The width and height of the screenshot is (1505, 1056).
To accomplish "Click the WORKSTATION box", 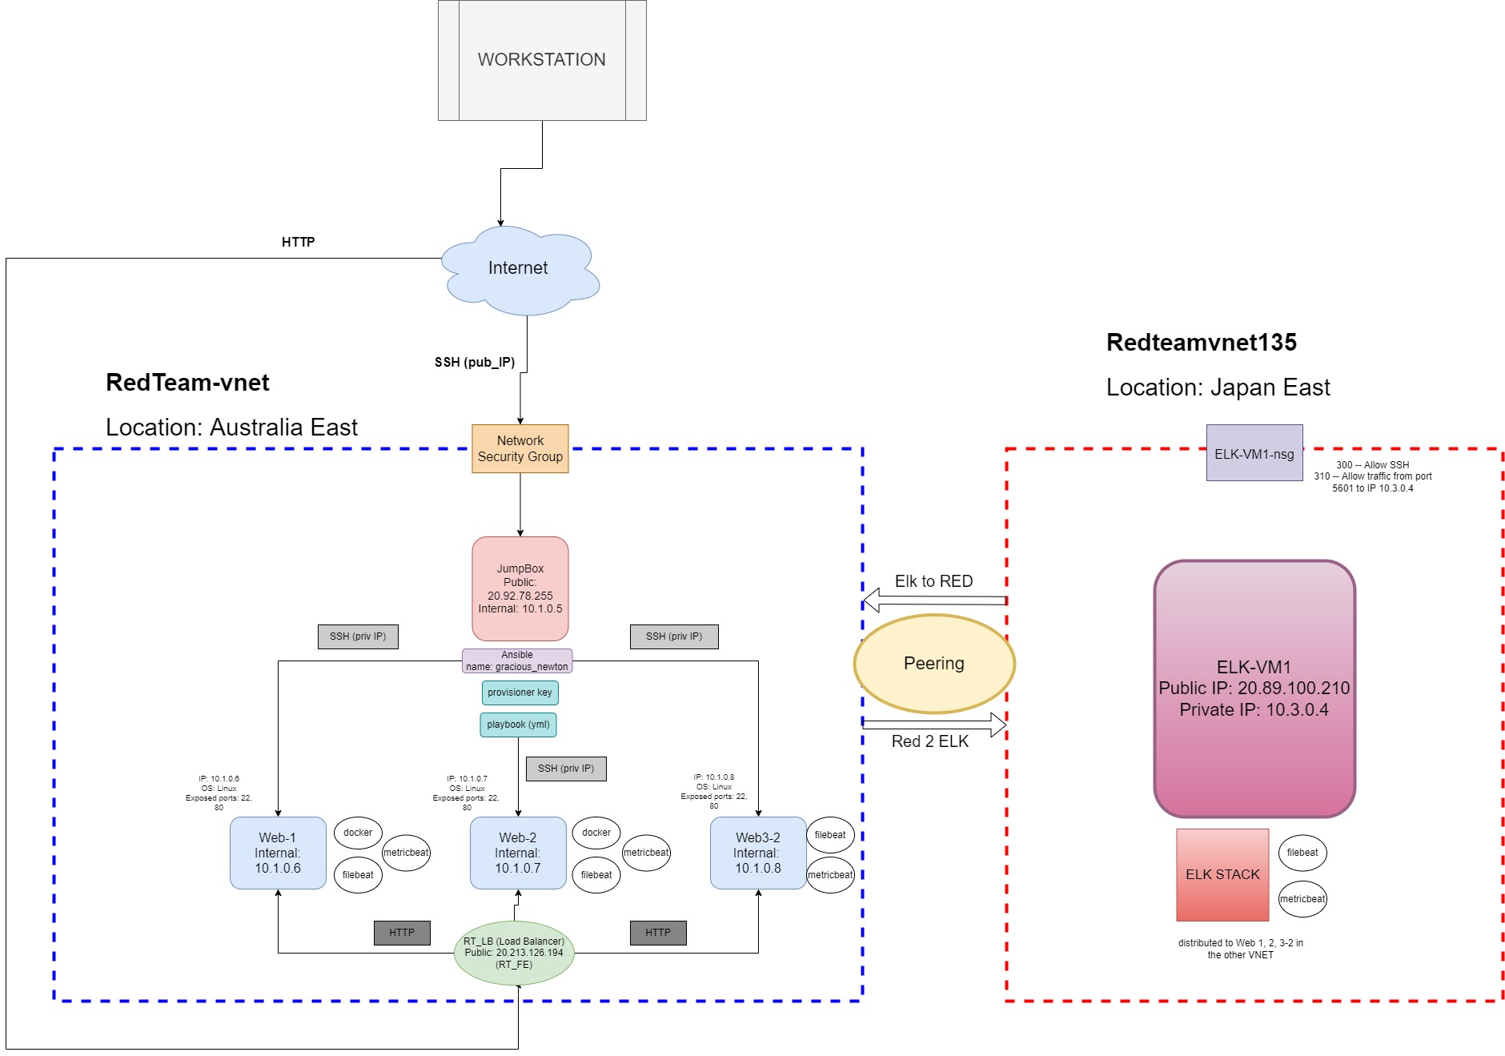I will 542,60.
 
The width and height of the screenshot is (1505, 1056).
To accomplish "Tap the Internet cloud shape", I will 519,269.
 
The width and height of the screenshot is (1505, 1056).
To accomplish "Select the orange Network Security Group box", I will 520,449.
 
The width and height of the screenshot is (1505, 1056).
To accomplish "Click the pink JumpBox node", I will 520,588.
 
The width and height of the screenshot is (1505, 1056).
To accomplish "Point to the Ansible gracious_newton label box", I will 517,661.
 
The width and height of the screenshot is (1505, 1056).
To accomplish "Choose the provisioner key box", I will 520,693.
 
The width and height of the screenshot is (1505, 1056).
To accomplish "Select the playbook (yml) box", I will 518,725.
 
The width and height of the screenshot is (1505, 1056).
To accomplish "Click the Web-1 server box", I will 278,853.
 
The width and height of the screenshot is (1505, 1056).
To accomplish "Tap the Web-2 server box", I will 518,853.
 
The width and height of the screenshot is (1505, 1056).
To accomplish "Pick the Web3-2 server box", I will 758,853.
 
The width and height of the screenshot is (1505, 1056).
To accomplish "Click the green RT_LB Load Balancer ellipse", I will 514,953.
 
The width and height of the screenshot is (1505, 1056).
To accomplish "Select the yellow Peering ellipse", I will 934,664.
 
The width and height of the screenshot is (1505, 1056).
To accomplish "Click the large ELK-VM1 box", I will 1254,689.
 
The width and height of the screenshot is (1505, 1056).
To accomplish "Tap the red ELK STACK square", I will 1222,874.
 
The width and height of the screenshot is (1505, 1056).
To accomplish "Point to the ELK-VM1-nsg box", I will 1254,453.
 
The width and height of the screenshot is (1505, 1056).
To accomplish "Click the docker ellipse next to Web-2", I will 596,833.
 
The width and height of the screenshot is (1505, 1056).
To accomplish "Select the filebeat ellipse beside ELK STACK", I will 1302,853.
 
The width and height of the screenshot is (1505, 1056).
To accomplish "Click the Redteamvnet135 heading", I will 1201,343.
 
